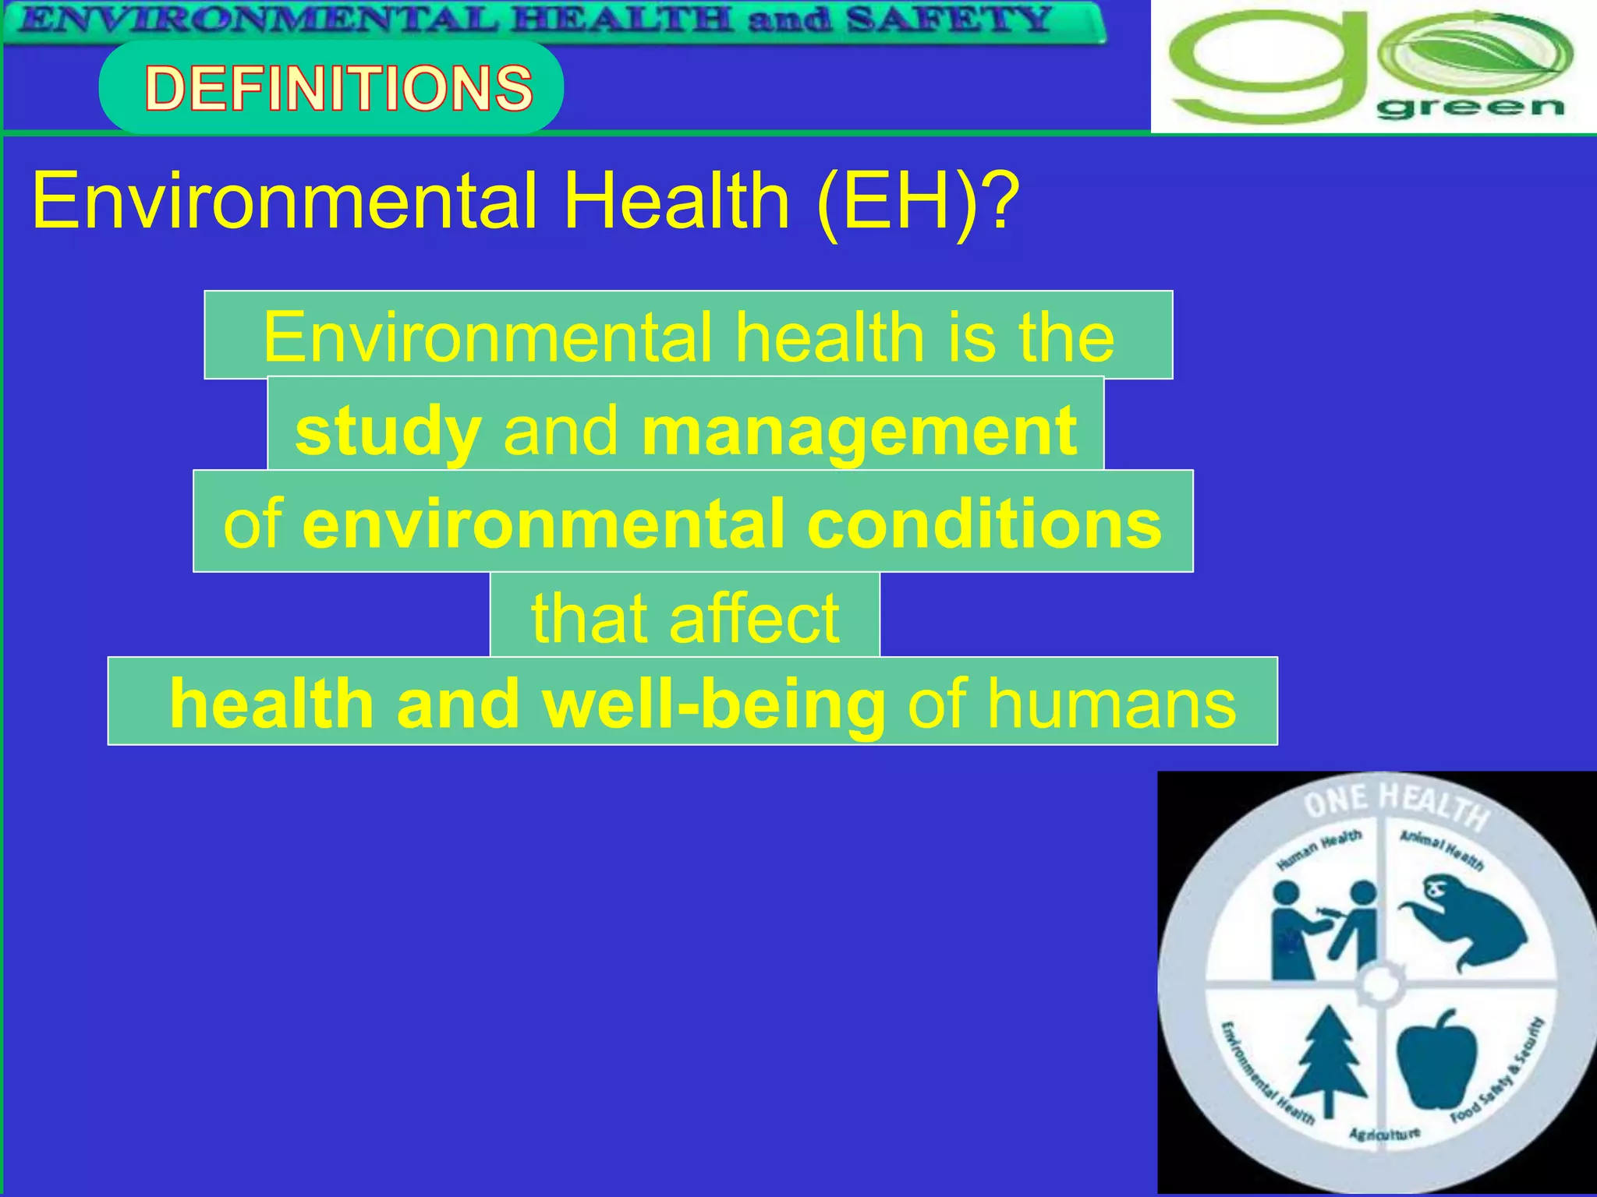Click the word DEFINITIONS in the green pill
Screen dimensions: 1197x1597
[x=338, y=87]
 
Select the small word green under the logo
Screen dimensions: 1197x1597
[x=1471, y=108]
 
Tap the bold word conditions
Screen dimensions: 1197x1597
[x=984, y=524]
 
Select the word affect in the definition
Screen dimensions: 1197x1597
[x=754, y=618]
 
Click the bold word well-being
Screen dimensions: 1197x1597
[x=714, y=704]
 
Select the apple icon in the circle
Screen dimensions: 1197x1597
[x=1436, y=1060]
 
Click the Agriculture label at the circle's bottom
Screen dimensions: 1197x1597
[x=1385, y=1134]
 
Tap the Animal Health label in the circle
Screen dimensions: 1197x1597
[x=1442, y=849]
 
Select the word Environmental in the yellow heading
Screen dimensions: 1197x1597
[x=285, y=202]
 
